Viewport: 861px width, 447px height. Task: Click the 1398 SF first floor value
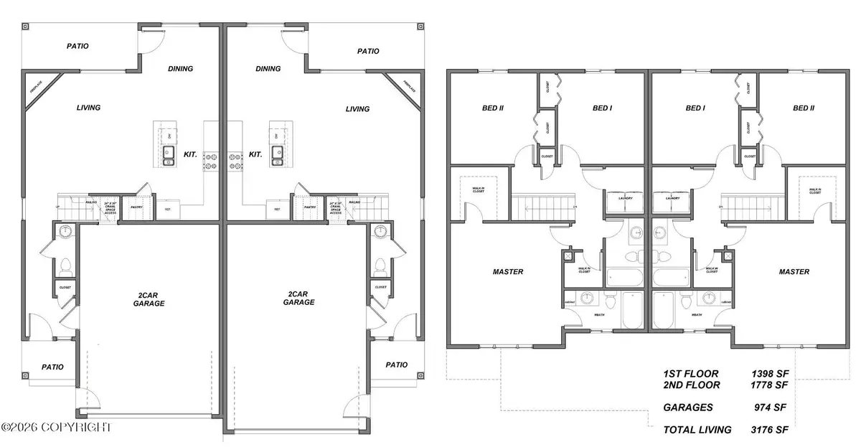766,374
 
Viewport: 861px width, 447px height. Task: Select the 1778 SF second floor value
766,385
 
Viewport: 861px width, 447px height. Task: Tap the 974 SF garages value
769,407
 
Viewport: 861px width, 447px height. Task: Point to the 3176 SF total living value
766,430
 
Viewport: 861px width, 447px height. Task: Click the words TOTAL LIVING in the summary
697,430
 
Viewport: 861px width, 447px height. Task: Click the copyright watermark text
57,427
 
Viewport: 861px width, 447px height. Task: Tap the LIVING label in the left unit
88,108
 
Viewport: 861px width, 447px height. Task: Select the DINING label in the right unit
268,69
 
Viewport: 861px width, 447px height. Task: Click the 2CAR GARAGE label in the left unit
149,298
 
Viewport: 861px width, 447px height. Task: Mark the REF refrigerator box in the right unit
277,209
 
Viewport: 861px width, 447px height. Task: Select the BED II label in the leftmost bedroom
492,108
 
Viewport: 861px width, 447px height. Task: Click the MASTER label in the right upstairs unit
794,272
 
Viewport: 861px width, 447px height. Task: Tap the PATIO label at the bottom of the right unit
396,364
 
